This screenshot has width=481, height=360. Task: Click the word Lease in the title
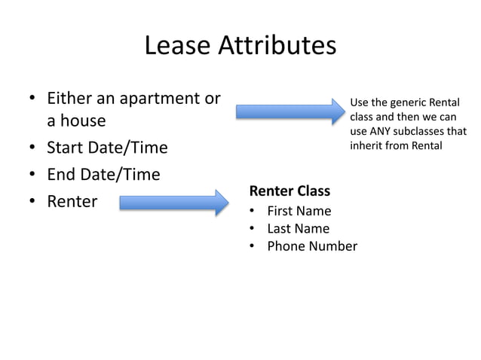pos(177,47)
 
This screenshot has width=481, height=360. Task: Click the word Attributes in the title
pos(276,47)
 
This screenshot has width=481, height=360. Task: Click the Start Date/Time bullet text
pos(107,148)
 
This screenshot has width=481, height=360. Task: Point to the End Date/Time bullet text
pos(103,175)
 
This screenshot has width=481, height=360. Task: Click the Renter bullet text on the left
pos(72,202)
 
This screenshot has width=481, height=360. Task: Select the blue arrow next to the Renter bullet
pos(173,202)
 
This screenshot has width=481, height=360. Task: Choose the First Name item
pos(299,211)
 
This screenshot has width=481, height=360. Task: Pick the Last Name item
pos(299,228)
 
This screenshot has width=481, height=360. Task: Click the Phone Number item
pos(312,246)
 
